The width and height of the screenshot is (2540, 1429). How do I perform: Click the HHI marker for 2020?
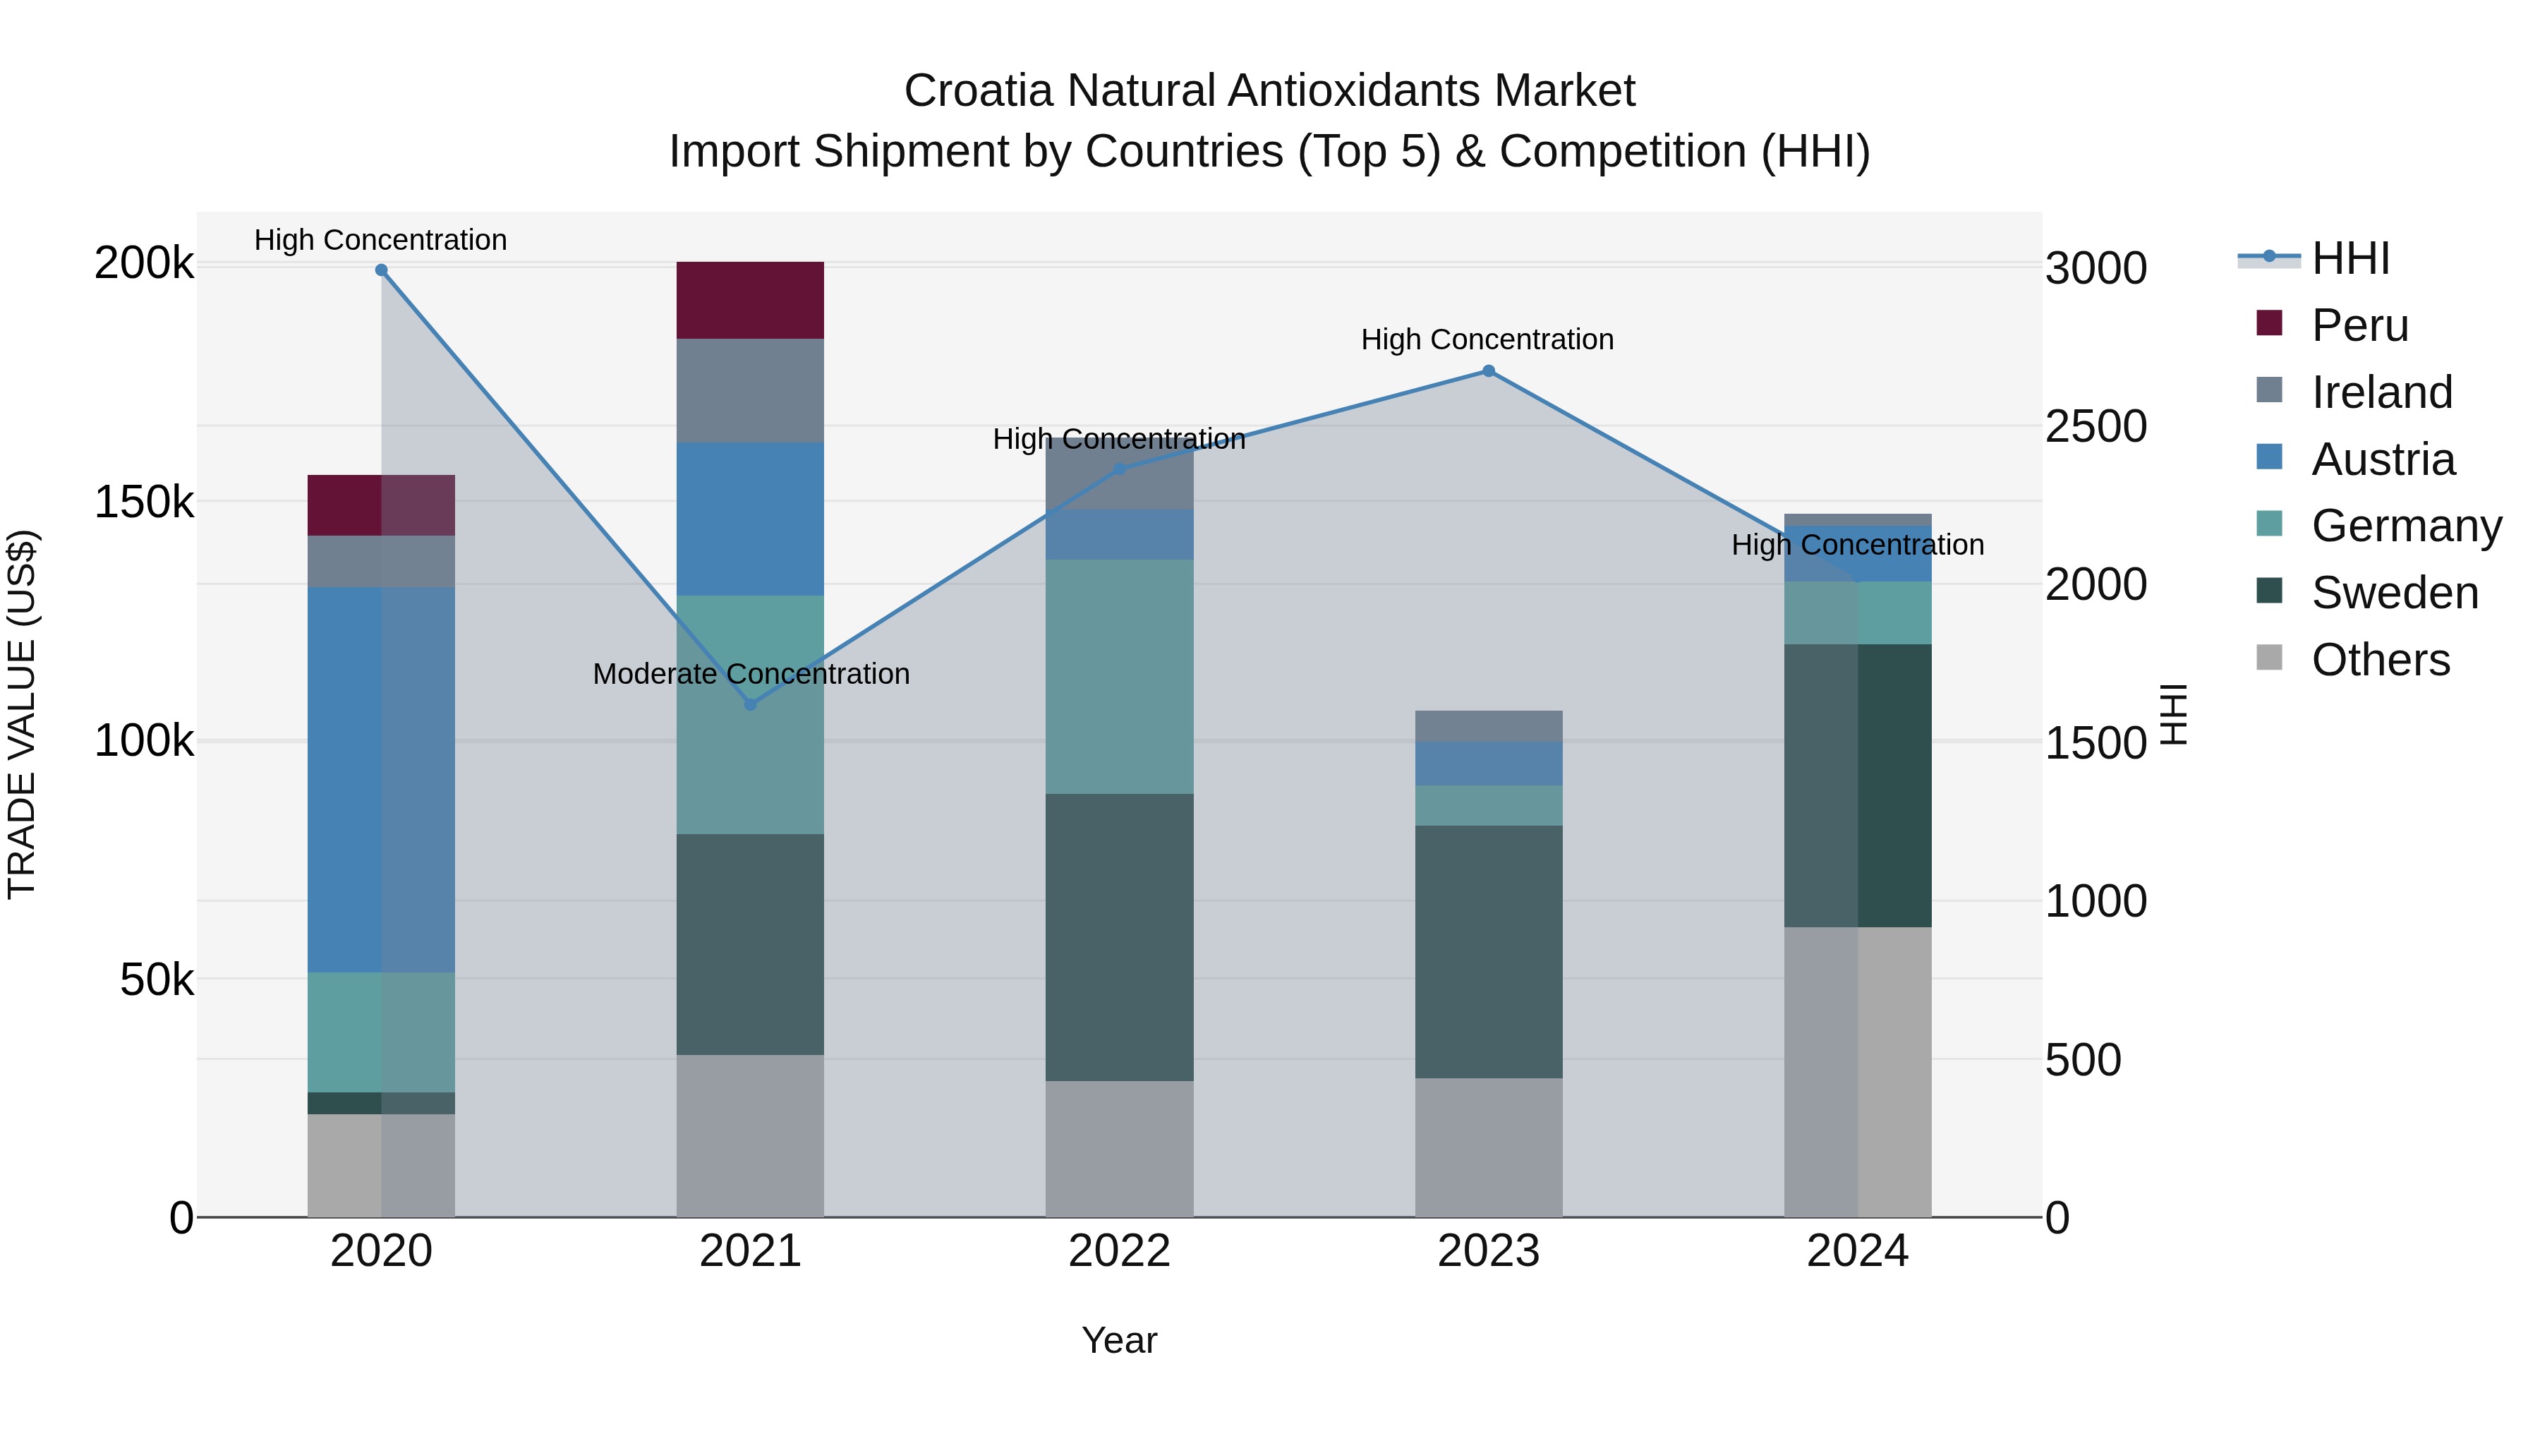pyautogui.click(x=382, y=270)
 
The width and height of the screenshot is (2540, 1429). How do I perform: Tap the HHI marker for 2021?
pyautogui.click(x=751, y=704)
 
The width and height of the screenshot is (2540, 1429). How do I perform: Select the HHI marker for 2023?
pyautogui.click(x=1488, y=370)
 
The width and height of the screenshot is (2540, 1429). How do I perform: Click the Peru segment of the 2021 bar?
pyautogui.click(x=751, y=301)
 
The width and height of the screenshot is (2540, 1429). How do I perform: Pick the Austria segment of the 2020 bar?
pyautogui.click(x=382, y=779)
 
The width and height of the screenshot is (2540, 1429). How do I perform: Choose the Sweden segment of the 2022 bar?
pyautogui.click(x=1119, y=937)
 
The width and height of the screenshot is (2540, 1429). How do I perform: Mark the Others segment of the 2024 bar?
pyautogui.click(x=1858, y=1071)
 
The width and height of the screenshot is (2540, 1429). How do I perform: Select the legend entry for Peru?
pyautogui.click(x=2359, y=325)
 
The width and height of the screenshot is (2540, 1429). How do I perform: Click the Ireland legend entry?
pyautogui.click(x=2381, y=392)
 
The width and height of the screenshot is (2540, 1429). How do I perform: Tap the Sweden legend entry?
pyautogui.click(x=2393, y=593)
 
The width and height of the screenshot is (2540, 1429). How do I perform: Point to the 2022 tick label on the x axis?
pyautogui.click(x=1119, y=1251)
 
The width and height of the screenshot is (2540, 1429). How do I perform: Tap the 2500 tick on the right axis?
pyautogui.click(x=2095, y=426)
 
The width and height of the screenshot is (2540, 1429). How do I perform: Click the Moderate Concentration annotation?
pyautogui.click(x=751, y=674)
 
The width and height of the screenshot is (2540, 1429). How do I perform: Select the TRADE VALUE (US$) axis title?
pyautogui.click(x=22, y=714)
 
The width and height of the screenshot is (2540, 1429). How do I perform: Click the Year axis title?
pyautogui.click(x=1119, y=1340)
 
